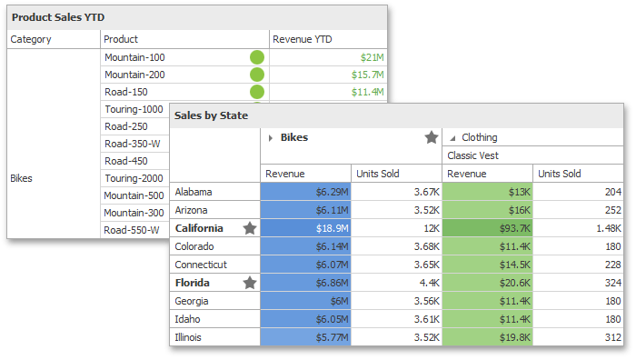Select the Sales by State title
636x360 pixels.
(x=211, y=115)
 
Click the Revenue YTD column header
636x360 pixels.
(x=302, y=39)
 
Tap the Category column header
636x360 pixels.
(x=31, y=39)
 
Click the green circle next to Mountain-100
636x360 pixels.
(x=257, y=57)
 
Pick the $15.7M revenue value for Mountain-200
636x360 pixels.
(x=368, y=75)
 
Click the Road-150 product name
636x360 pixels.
(x=127, y=92)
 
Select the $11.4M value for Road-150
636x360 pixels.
(x=368, y=92)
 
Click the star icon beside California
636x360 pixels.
(x=250, y=228)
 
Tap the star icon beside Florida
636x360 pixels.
(x=250, y=283)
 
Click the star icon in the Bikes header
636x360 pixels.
(x=432, y=137)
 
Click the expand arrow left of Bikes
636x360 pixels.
(x=271, y=138)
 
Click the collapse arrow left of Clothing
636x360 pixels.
(x=452, y=138)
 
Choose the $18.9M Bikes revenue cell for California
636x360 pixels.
(x=306, y=228)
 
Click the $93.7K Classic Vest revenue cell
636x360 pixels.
(x=488, y=228)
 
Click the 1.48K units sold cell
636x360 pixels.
(x=578, y=228)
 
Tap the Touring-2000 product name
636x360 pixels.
(x=134, y=178)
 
